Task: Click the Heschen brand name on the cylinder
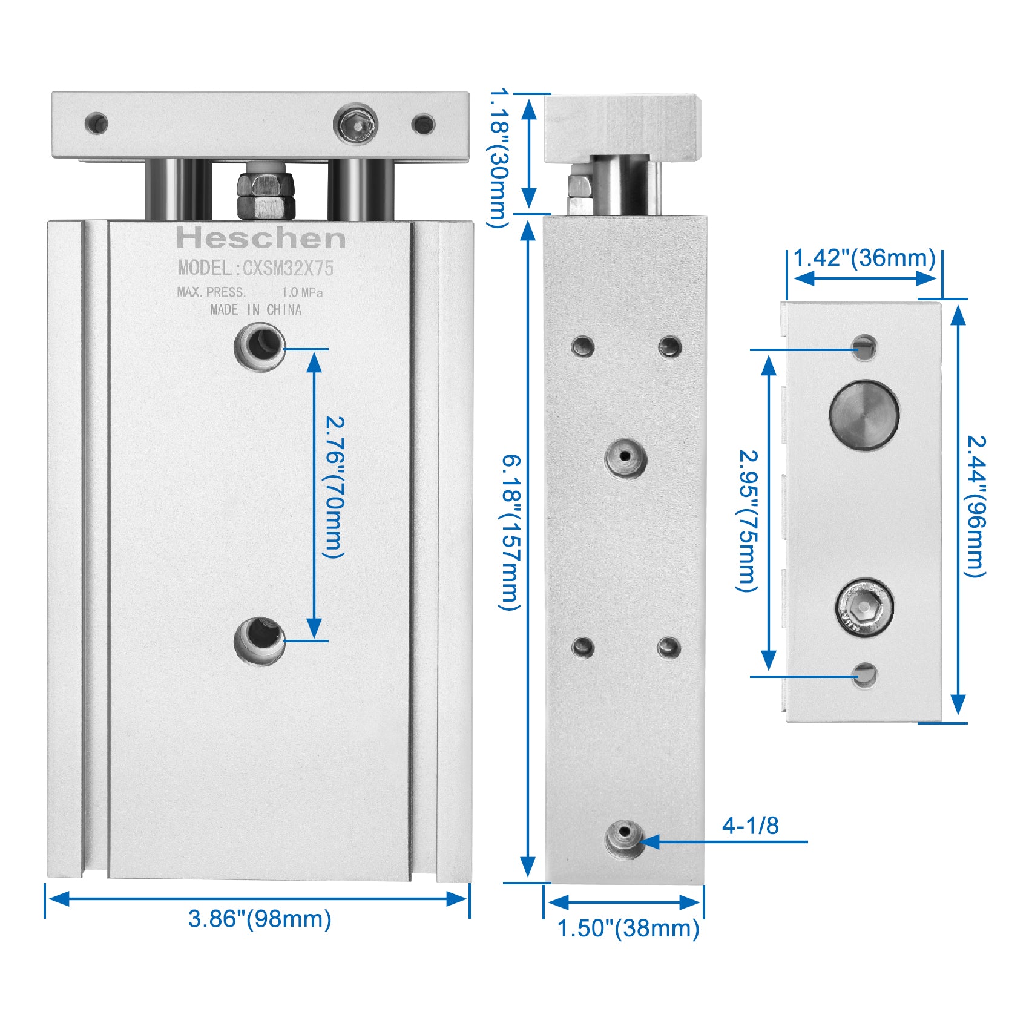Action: click(261, 238)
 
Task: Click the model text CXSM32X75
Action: click(288, 268)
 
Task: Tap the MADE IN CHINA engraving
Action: click(255, 310)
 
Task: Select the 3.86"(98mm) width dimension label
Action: click(260, 919)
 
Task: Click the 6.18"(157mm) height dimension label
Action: click(510, 533)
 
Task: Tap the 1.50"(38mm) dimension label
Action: click(628, 928)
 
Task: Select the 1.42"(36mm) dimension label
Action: click(864, 258)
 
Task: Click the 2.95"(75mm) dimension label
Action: click(748, 521)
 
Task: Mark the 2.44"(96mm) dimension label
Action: click(975, 506)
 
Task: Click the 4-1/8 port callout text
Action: click(751, 826)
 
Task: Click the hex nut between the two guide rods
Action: click(266, 196)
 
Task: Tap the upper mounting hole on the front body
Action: click(260, 347)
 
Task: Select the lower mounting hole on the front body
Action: click(260, 640)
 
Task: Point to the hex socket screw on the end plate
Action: click(865, 607)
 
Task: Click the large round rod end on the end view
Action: click(864, 415)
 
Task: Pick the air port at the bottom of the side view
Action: click(625, 840)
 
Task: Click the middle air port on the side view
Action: click(626, 458)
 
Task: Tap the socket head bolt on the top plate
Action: click(356, 125)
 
